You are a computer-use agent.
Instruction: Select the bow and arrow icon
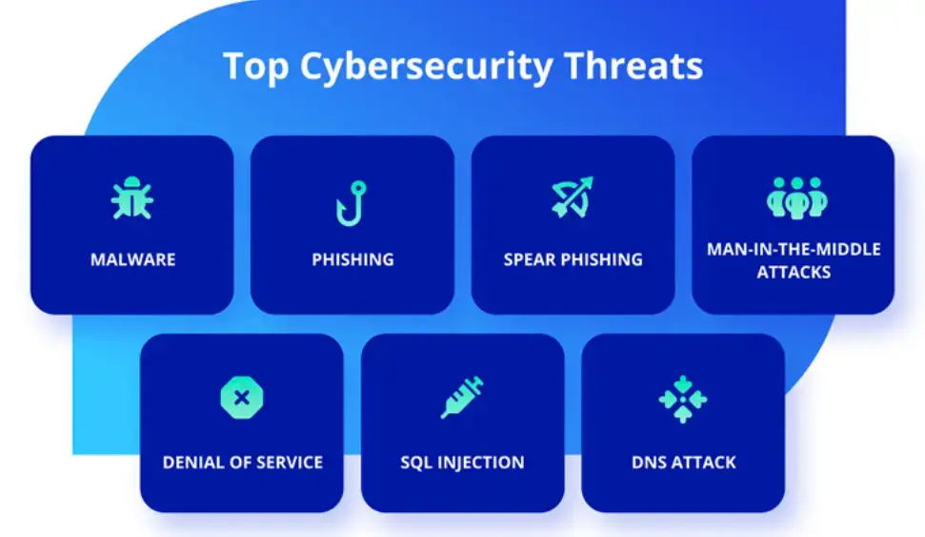coord(573,197)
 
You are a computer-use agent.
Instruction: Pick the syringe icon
coord(462,398)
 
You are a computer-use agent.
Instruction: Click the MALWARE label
coord(132,259)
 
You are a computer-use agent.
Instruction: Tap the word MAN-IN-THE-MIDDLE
coord(794,249)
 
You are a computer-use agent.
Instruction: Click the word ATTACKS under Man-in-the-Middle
coord(794,272)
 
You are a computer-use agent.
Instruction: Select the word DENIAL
coord(194,463)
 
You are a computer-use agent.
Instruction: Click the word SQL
coord(417,463)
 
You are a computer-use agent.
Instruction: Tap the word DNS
coord(649,463)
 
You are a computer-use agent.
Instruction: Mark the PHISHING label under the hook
coord(352,259)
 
